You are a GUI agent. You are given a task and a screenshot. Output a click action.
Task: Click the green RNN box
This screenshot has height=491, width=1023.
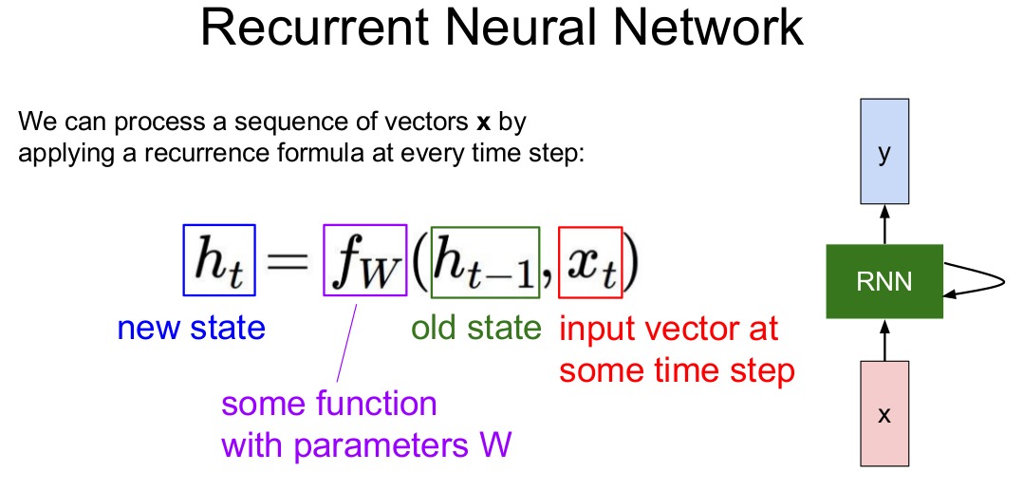pos(883,281)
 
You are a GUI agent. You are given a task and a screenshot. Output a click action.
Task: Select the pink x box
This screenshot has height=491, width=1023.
pos(883,415)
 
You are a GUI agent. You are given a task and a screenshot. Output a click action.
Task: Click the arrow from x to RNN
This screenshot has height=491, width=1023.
pos(883,339)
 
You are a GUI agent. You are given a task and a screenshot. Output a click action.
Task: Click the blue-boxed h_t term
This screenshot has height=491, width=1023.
pos(219,260)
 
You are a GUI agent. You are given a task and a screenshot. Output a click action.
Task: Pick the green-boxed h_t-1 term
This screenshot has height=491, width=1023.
pos(485,260)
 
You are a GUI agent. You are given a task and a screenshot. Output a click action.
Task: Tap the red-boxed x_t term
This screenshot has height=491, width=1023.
pos(590,260)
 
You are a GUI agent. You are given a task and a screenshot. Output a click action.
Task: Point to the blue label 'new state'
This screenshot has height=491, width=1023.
pos(191,329)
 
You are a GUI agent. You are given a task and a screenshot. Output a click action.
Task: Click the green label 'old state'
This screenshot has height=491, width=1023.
pos(476,329)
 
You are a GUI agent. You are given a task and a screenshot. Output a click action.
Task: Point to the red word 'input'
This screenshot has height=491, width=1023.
pos(597,330)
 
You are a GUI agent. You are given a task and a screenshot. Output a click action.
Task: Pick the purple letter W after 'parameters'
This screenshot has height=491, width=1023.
pos(496,444)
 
